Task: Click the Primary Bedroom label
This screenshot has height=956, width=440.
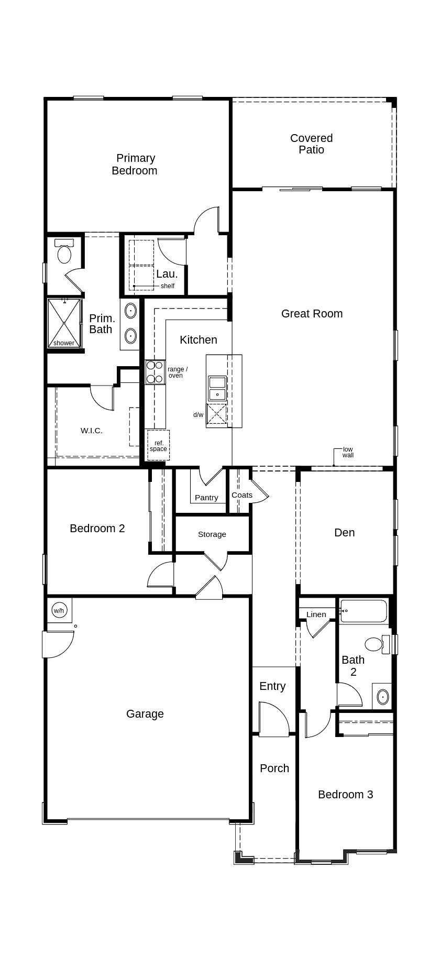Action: (x=135, y=164)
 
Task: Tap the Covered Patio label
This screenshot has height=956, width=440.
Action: (x=312, y=144)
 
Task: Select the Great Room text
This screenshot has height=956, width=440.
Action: (x=312, y=313)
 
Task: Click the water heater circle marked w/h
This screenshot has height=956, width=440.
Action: (x=59, y=610)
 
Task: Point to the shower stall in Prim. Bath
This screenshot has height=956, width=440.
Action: (x=64, y=323)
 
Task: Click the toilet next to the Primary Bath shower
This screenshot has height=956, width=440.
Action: (x=64, y=252)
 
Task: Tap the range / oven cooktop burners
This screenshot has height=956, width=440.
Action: (x=155, y=372)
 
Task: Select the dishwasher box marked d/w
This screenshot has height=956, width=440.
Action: (x=216, y=413)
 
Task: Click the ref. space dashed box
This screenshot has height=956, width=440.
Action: (x=158, y=445)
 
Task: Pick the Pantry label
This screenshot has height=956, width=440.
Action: (x=206, y=498)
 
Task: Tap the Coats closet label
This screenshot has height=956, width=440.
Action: (x=242, y=495)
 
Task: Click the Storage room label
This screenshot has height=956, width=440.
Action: (x=212, y=534)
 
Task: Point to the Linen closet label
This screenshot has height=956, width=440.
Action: (x=316, y=614)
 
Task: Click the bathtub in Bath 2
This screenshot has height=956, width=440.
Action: (x=364, y=611)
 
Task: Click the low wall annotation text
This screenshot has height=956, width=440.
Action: (x=348, y=452)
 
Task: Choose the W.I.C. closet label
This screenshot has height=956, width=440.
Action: (x=92, y=431)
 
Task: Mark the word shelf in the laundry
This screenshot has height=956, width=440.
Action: (x=168, y=286)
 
